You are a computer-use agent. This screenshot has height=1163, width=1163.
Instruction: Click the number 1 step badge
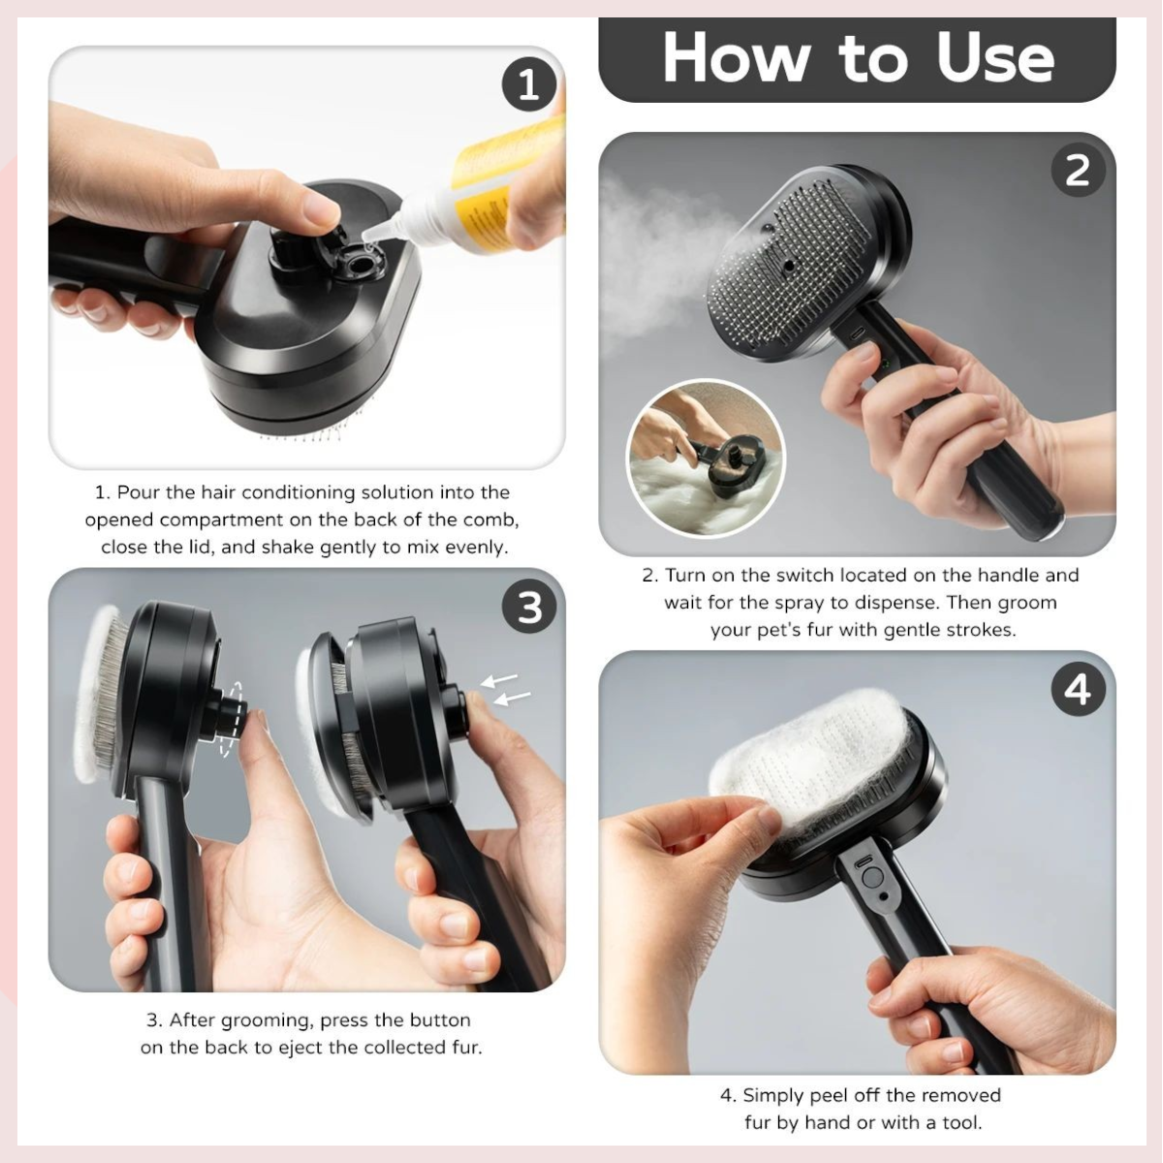coord(529,84)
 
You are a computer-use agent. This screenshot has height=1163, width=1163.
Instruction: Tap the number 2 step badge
coord(1078,171)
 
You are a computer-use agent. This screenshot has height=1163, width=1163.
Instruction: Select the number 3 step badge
coord(529,607)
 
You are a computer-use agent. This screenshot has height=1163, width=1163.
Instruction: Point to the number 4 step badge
coord(1078,689)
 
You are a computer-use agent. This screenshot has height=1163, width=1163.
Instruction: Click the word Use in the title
coord(994,58)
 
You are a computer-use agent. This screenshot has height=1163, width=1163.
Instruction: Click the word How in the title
coord(735,58)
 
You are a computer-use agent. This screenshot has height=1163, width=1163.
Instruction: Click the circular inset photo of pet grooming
coord(706,459)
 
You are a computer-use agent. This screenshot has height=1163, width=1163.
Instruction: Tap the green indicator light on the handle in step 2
coord(883,363)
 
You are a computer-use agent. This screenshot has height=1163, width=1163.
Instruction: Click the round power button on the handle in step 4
coord(871,877)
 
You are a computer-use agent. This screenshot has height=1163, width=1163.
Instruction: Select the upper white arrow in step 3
coord(499,679)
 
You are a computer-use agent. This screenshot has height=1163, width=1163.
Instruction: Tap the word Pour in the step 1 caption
coord(140,492)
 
